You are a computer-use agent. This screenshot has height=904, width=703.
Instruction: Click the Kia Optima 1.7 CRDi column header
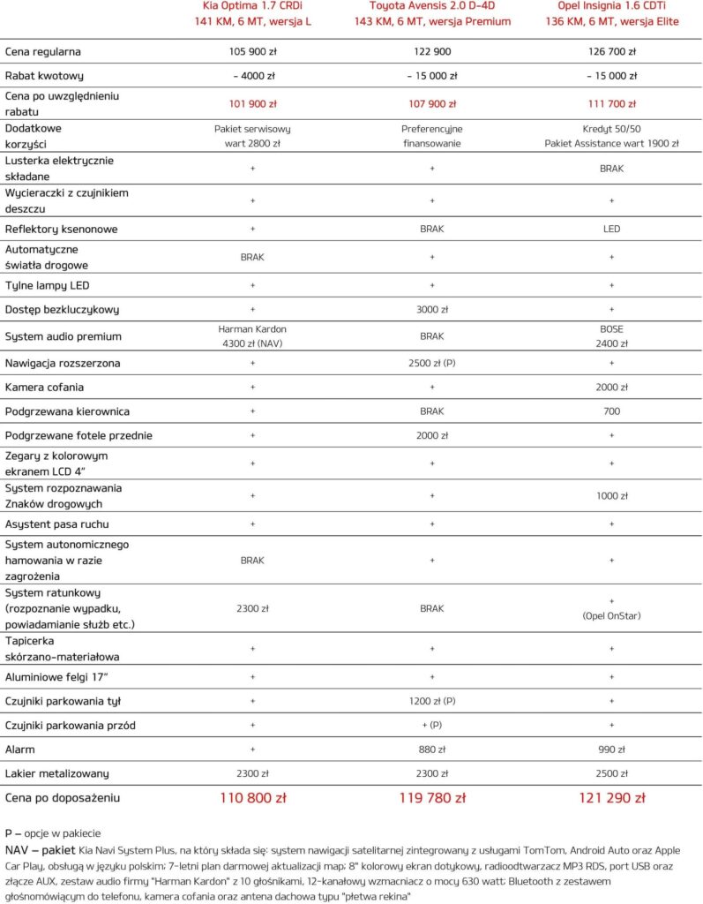(252, 13)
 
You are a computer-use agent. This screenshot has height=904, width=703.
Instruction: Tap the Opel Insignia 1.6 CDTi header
(611, 13)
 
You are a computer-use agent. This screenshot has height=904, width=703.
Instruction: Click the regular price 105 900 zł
(252, 52)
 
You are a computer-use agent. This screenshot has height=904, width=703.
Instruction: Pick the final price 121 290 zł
(611, 798)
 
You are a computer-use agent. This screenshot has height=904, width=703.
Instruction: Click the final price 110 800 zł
(252, 798)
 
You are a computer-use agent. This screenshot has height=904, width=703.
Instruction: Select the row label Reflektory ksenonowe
(62, 230)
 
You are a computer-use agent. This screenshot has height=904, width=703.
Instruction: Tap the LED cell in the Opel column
(611, 230)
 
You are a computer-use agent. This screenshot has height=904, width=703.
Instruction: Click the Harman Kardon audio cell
(252, 336)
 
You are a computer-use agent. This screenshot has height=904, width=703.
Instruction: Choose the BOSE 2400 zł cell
(611, 336)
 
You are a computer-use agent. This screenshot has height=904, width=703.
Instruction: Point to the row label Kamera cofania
(45, 388)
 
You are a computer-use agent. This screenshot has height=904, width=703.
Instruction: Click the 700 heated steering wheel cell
(611, 411)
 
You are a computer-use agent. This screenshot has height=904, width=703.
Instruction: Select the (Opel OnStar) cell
(611, 616)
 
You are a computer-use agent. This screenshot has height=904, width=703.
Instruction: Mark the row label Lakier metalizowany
(57, 774)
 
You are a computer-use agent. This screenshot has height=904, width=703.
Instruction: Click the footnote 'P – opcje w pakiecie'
(52, 832)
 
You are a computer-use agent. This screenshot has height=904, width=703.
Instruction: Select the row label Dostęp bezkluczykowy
(62, 310)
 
